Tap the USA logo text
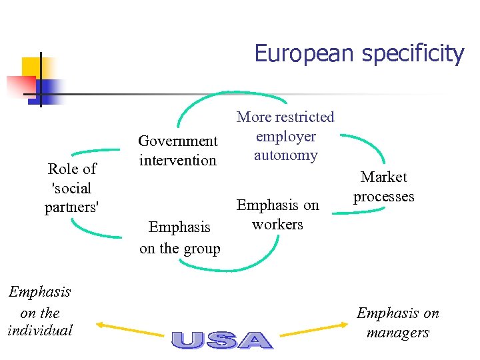(221, 340)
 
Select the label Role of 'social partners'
(72, 188)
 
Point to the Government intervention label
(177, 151)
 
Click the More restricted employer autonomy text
(285, 136)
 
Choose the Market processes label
(384, 187)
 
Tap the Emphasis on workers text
(278, 215)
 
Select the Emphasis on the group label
(179, 238)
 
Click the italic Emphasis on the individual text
(39, 311)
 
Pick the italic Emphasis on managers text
(398, 323)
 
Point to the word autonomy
(285, 155)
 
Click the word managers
(398, 333)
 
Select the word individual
(39, 330)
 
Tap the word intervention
(177, 161)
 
